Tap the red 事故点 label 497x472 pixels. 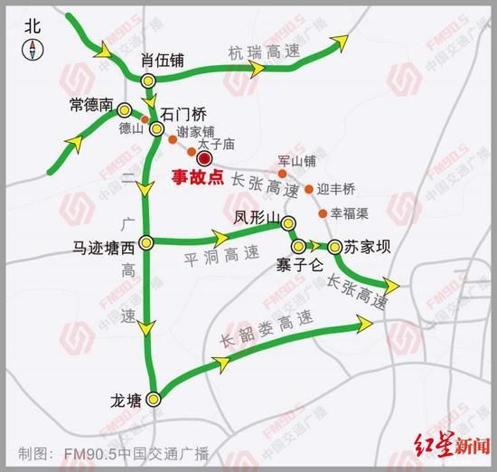pyautogui.click(x=198, y=178)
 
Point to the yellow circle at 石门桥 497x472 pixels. pyautogui.click(x=157, y=130)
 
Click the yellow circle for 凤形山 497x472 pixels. pyautogui.click(x=288, y=223)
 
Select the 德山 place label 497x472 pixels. pyautogui.click(x=133, y=129)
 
